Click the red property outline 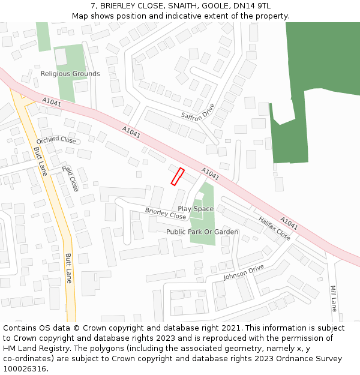(x=178, y=176)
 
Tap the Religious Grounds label (x=70, y=74)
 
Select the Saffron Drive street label (x=198, y=111)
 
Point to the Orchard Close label (x=56, y=140)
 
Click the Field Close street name (x=70, y=178)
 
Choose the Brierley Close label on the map (x=166, y=212)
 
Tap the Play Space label (x=196, y=209)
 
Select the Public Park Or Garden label (x=202, y=232)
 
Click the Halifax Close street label (x=274, y=228)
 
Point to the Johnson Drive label (x=244, y=272)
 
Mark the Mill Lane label (x=334, y=298)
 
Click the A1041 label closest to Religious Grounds (x=52, y=103)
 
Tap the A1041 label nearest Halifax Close (x=289, y=223)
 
